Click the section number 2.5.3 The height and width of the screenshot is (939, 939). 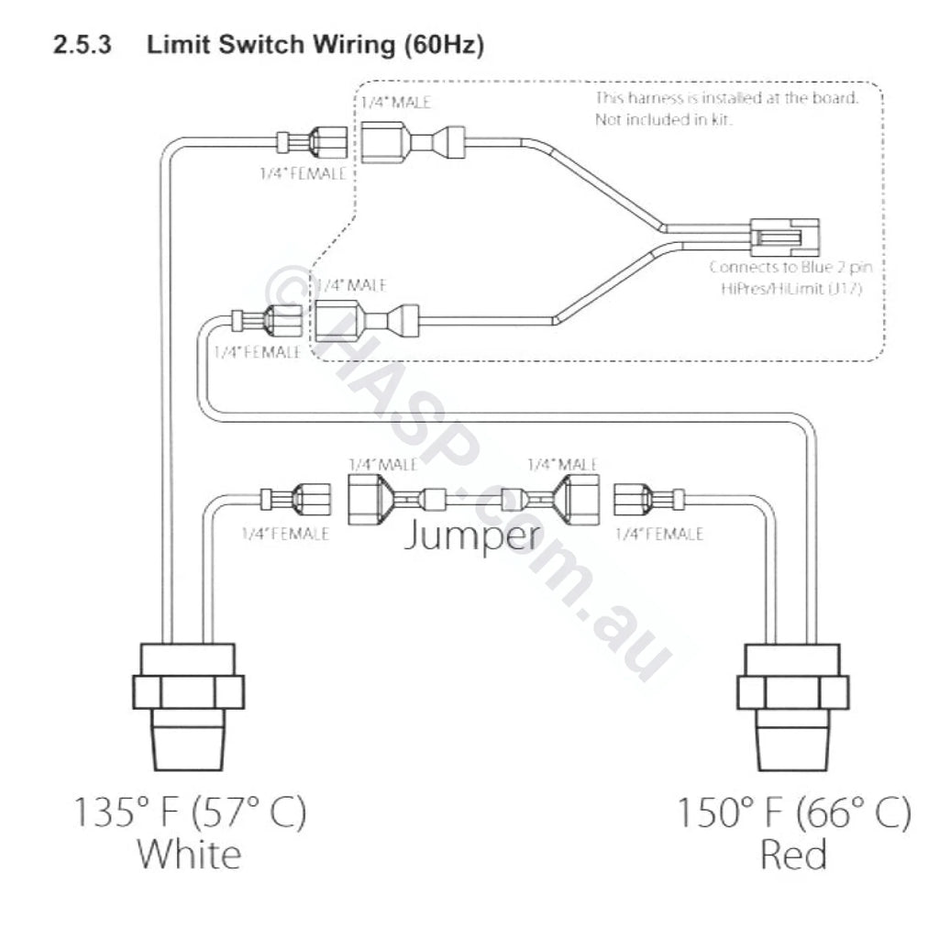[83, 45]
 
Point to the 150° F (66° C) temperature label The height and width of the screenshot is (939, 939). [794, 812]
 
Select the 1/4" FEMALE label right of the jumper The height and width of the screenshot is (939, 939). [660, 534]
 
